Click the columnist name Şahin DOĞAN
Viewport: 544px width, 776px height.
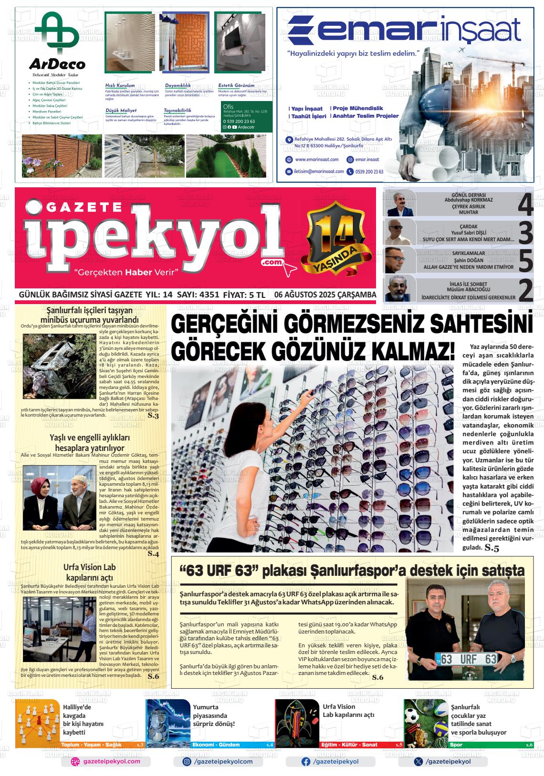[462, 260]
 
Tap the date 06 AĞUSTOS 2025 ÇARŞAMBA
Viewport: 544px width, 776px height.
[325, 295]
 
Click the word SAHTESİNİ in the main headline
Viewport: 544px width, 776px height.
[472, 326]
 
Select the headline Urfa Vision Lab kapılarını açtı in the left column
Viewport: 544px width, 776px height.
[90, 572]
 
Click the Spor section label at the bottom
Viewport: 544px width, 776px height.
[456, 745]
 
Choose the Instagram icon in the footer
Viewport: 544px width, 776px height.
[187, 762]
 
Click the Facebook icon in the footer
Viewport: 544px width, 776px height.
[306, 762]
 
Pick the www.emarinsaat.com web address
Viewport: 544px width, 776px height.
[317, 160]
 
